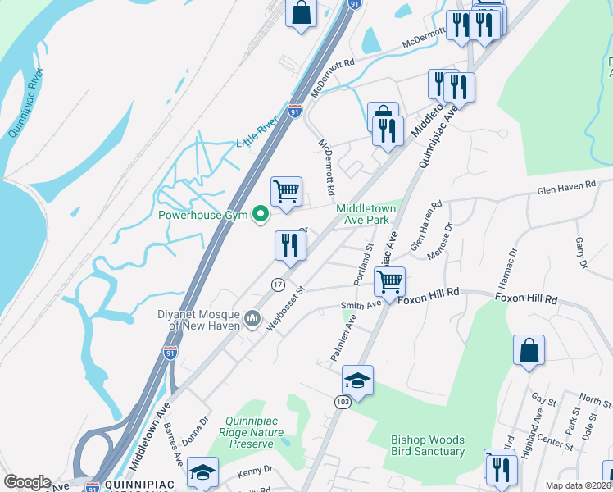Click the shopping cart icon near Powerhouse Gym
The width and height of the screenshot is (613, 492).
[x=286, y=192]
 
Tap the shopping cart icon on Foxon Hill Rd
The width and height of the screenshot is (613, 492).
[x=390, y=281]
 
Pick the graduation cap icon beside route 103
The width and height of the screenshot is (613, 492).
[x=357, y=380]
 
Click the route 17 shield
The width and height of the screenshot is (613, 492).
[x=278, y=285]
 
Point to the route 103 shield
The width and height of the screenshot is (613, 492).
[x=342, y=402]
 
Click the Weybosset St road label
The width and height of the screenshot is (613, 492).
[x=284, y=307]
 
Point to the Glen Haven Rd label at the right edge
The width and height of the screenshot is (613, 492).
[x=565, y=187]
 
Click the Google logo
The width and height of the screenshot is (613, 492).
[x=26, y=482]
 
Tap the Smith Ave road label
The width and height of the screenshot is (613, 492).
[x=361, y=306]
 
